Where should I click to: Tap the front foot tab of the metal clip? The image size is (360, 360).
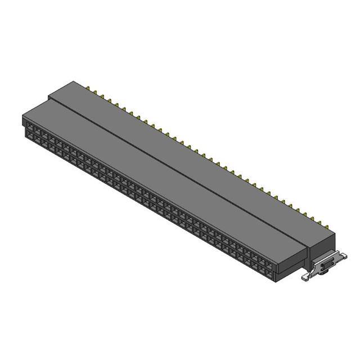pyautogui.click(x=307, y=277)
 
